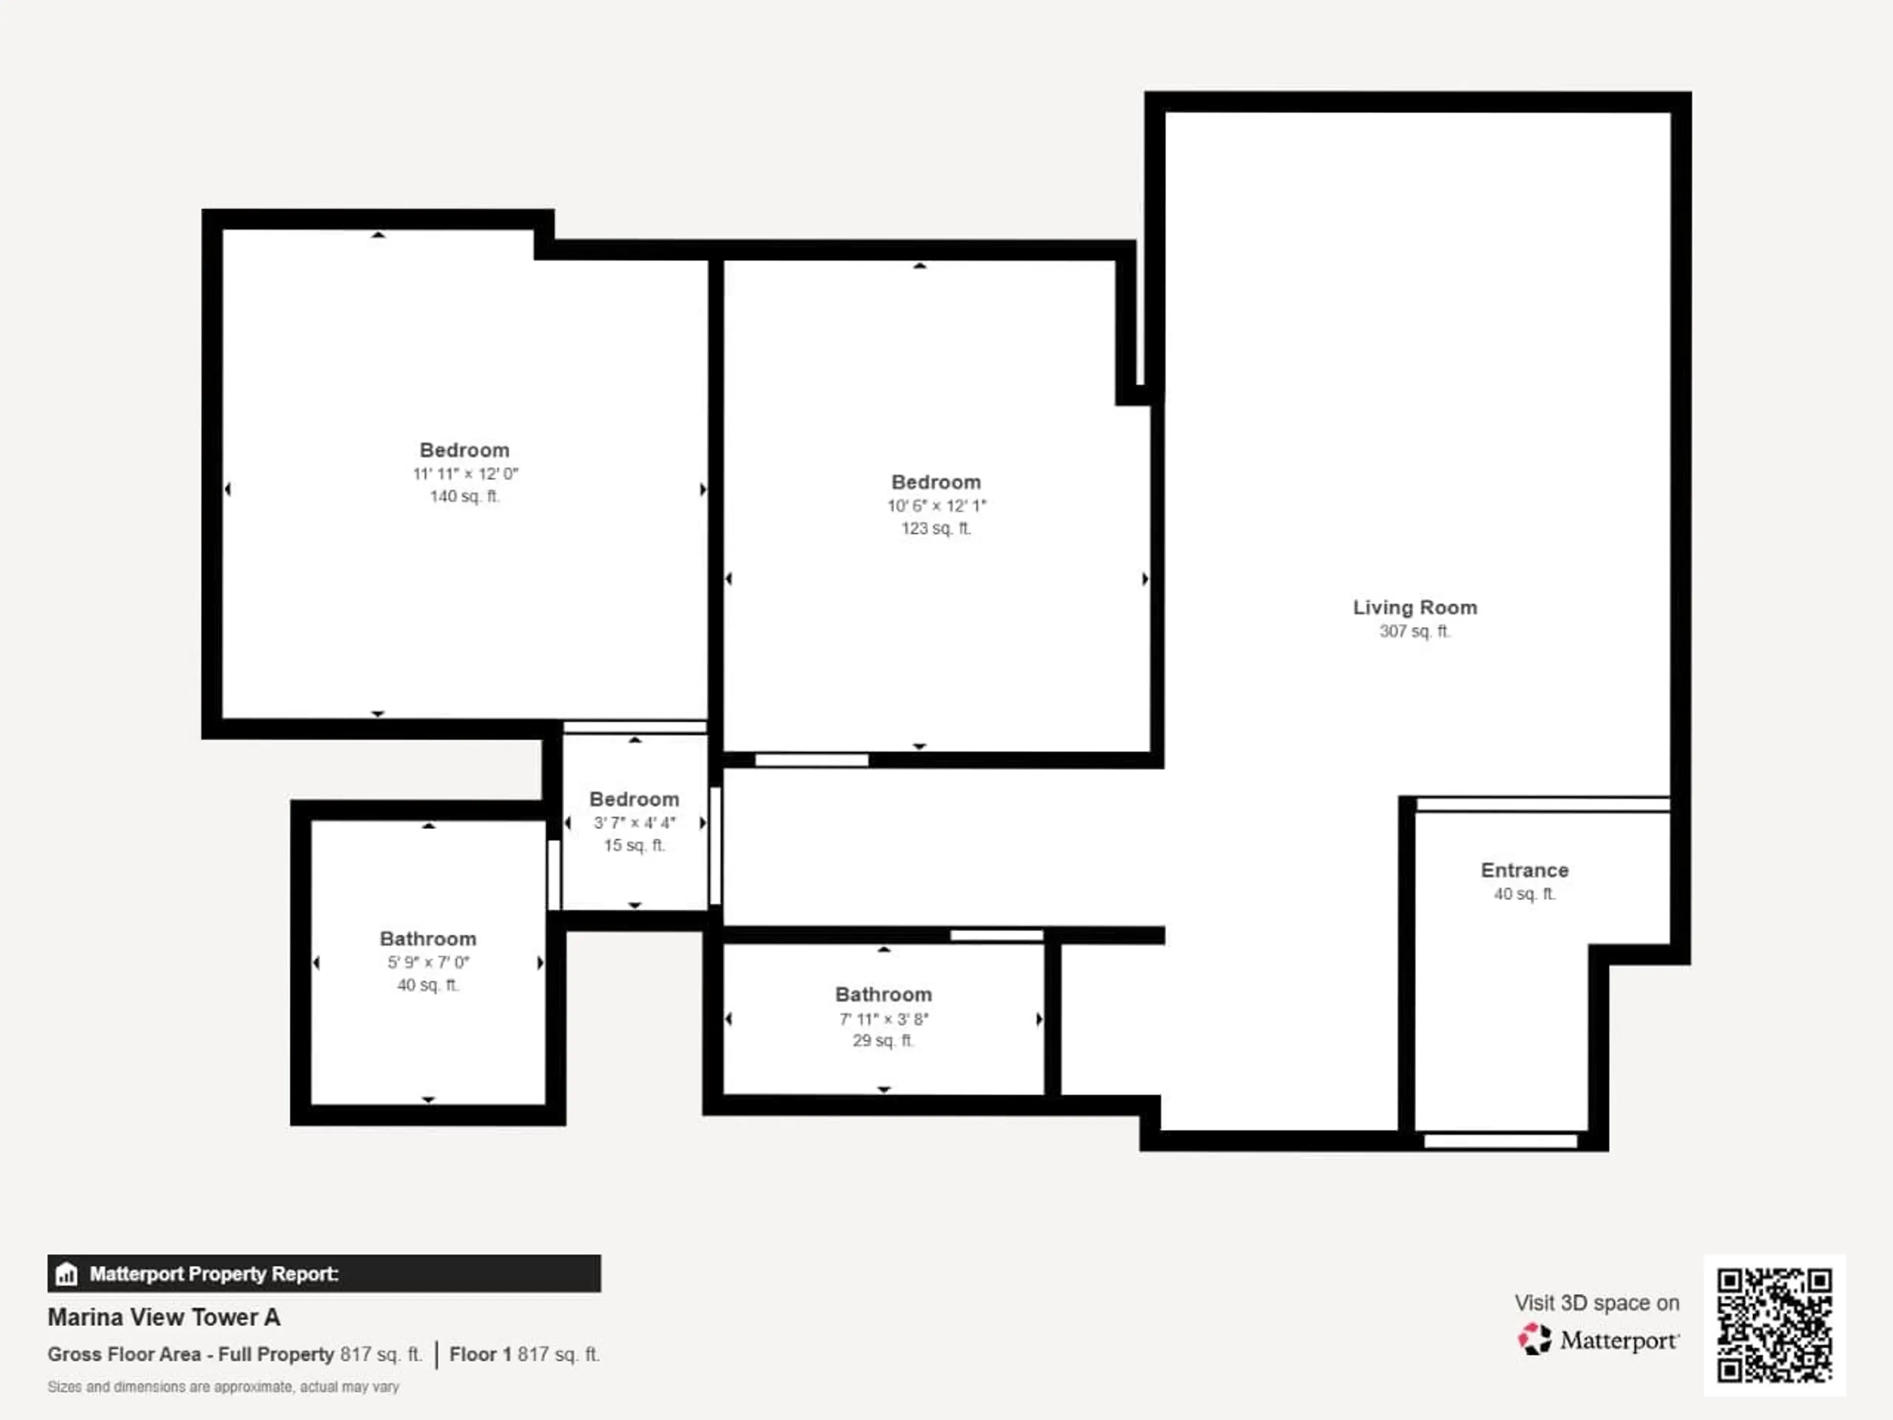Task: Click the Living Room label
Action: click(x=1415, y=608)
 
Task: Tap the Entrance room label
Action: click(x=1524, y=870)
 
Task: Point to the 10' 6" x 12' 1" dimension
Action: click(x=936, y=506)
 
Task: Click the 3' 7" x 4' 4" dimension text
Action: click(x=634, y=822)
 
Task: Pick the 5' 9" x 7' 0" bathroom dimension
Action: click(x=428, y=962)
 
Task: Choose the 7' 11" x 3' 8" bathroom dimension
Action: click(x=883, y=1019)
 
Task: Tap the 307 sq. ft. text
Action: click(x=1415, y=632)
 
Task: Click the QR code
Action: click(x=1774, y=1324)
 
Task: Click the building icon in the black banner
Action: click(x=66, y=1275)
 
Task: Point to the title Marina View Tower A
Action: click(x=164, y=1317)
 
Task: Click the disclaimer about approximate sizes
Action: click(x=223, y=1386)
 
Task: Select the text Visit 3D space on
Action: click(x=1597, y=1303)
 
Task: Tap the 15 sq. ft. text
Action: click(x=634, y=846)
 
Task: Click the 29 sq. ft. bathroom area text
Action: click(x=883, y=1041)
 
